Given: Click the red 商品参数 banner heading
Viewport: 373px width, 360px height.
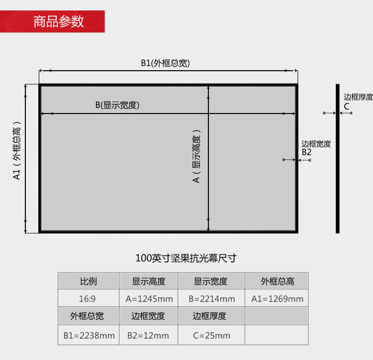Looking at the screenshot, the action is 59,21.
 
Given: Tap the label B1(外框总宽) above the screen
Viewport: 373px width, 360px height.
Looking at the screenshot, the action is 165,63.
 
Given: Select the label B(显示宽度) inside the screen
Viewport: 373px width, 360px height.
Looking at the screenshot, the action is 117,105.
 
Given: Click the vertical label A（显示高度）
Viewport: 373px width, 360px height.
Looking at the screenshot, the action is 196,156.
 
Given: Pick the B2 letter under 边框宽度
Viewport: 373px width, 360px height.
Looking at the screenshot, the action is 306,152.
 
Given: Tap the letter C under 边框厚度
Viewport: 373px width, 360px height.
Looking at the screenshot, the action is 347,107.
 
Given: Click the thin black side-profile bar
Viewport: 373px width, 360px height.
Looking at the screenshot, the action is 338,158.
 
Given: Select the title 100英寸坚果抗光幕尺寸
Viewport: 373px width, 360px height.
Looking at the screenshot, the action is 186,258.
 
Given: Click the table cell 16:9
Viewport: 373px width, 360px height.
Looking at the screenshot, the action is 88,299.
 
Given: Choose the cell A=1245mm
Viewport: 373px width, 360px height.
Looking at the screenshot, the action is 149,299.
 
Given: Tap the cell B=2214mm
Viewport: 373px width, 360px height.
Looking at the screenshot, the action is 212,299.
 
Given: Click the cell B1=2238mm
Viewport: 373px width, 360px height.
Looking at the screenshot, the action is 89,336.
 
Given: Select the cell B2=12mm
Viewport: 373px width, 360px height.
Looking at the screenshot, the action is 148,336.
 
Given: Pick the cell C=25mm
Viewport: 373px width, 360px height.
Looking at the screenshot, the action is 212,336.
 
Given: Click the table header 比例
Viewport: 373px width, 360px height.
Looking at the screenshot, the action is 88,281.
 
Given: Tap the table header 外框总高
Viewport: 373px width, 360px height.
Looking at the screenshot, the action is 278,281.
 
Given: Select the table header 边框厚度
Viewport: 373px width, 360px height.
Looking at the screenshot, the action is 209,316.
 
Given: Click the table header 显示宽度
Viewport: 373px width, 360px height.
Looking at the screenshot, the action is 210,281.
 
